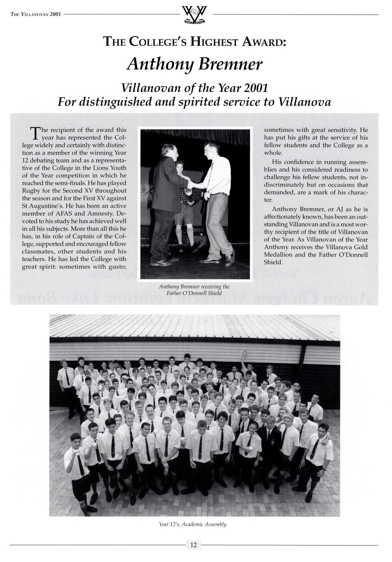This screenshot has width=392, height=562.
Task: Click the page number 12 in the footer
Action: point(193,544)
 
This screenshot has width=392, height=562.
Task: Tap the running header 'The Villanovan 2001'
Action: point(36,14)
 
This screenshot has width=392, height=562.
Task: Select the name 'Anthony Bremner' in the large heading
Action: point(195,64)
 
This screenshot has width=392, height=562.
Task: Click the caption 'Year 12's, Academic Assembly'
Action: point(193,525)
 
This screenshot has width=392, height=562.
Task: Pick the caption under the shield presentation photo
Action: point(194,290)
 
